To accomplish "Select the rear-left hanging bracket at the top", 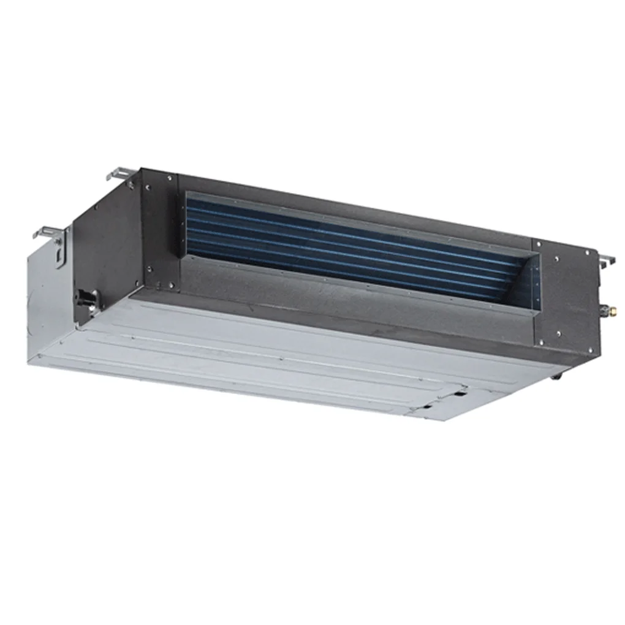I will [120, 173].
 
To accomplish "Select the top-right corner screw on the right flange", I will [588, 253].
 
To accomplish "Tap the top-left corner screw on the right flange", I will [539, 244].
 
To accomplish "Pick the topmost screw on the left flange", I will [169, 178].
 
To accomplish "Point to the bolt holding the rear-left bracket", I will [129, 183].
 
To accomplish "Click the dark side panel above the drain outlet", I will [104, 245].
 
